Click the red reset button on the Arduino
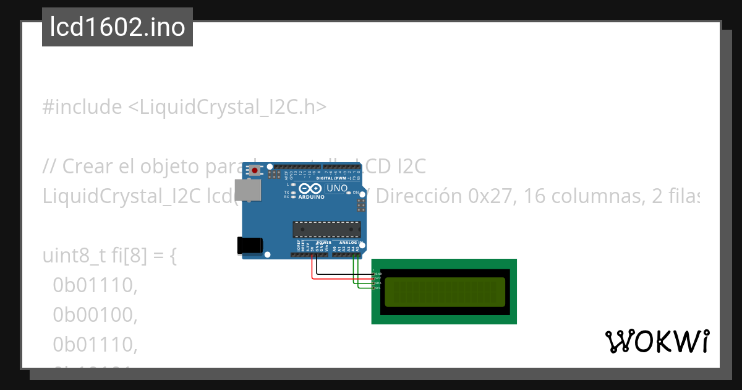point(255,170)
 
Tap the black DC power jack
point(250,245)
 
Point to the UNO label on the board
point(337,188)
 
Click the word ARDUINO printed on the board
point(311,196)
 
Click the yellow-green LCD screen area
point(445,292)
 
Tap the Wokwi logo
point(657,342)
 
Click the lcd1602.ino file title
point(117,27)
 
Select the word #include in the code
point(82,107)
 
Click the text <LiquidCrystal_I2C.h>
point(227,107)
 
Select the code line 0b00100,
point(95,315)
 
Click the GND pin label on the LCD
point(378,273)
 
